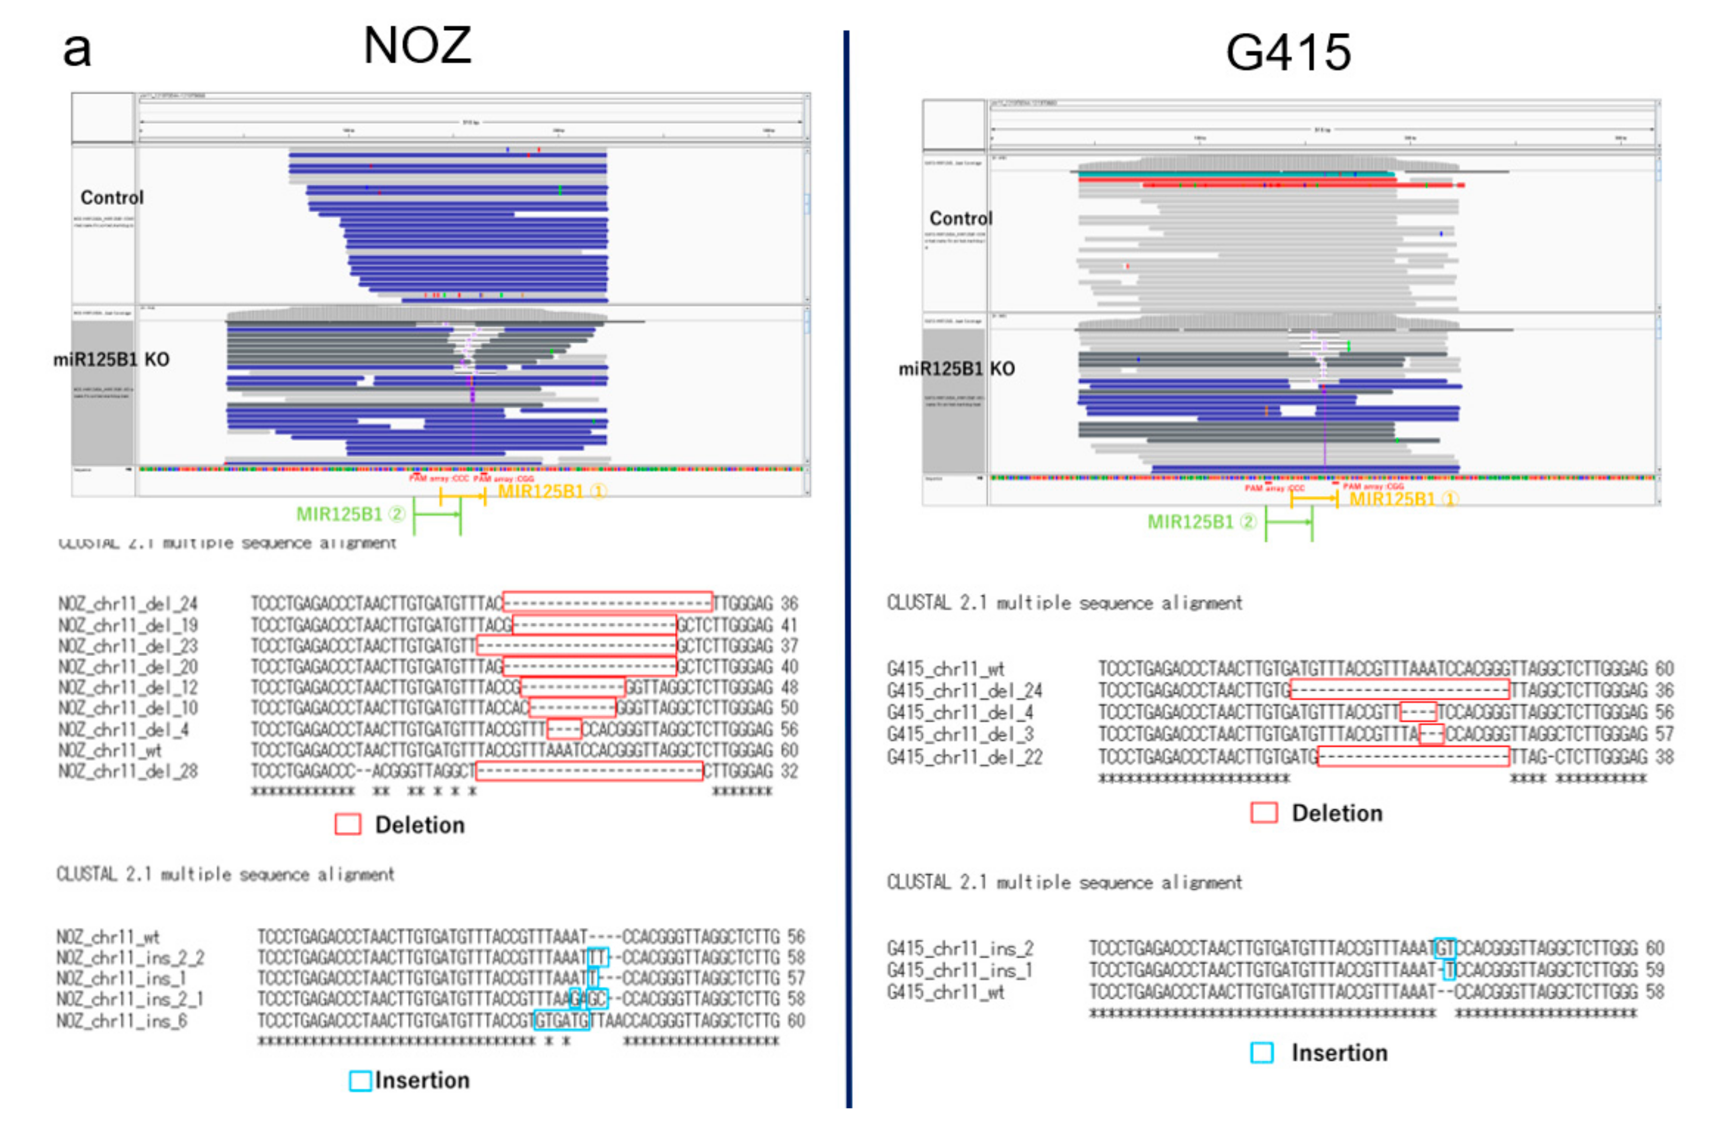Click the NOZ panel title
pyautogui.click(x=417, y=45)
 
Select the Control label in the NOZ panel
pyautogui.click(x=112, y=197)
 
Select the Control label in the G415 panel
pyautogui.click(x=961, y=218)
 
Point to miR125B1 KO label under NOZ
pyautogui.click(x=111, y=360)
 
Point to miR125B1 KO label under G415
pyautogui.click(x=956, y=369)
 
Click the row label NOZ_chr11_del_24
pyautogui.click(x=128, y=603)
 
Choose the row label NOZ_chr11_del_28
pyautogui.click(x=128, y=771)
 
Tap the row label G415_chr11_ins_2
pyautogui.click(x=960, y=948)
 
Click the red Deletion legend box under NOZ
pyautogui.click(x=347, y=824)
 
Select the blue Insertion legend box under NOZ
pyautogui.click(x=359, y=1081)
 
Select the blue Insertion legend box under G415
pyautogui.click(x=1262, y=1053)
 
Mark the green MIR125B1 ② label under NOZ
pyautogui.click(x=350, y=514)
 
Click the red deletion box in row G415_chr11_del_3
pyautogui.click(x=1431, y=735)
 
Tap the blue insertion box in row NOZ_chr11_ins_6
pyautogui.click(x=561, y=1021)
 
